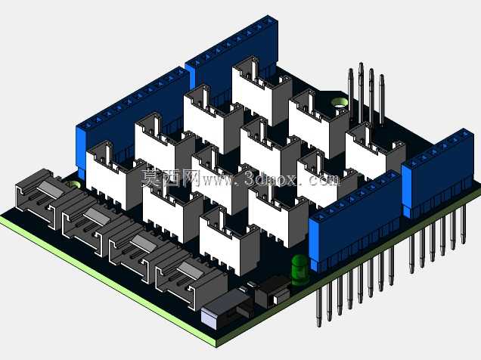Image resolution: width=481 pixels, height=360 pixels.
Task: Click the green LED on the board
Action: point(299,270)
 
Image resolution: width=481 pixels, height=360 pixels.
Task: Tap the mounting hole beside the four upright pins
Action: point(339,103)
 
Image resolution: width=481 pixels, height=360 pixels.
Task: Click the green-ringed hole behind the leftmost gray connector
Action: point(73,185)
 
